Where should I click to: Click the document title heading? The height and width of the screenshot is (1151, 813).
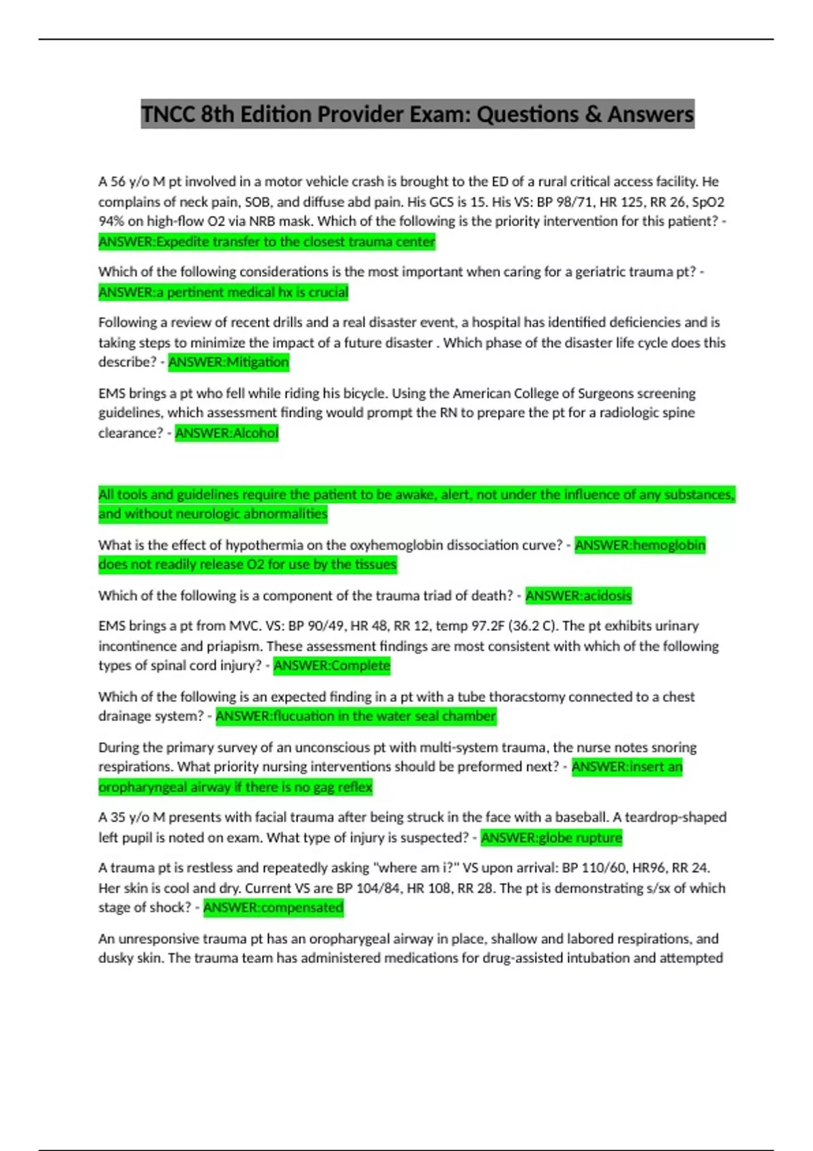(417, 114)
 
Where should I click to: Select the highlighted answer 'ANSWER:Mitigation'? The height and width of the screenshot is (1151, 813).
(228, 362)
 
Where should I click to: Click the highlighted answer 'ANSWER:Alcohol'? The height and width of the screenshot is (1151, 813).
(226, 433)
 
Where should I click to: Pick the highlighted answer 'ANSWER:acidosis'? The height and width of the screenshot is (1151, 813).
(578, 596)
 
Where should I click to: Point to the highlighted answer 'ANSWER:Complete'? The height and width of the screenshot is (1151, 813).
(331, 666)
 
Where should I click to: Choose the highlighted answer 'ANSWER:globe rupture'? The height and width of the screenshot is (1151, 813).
(551, 838)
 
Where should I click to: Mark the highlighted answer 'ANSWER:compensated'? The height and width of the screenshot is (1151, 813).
(273, 907)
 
